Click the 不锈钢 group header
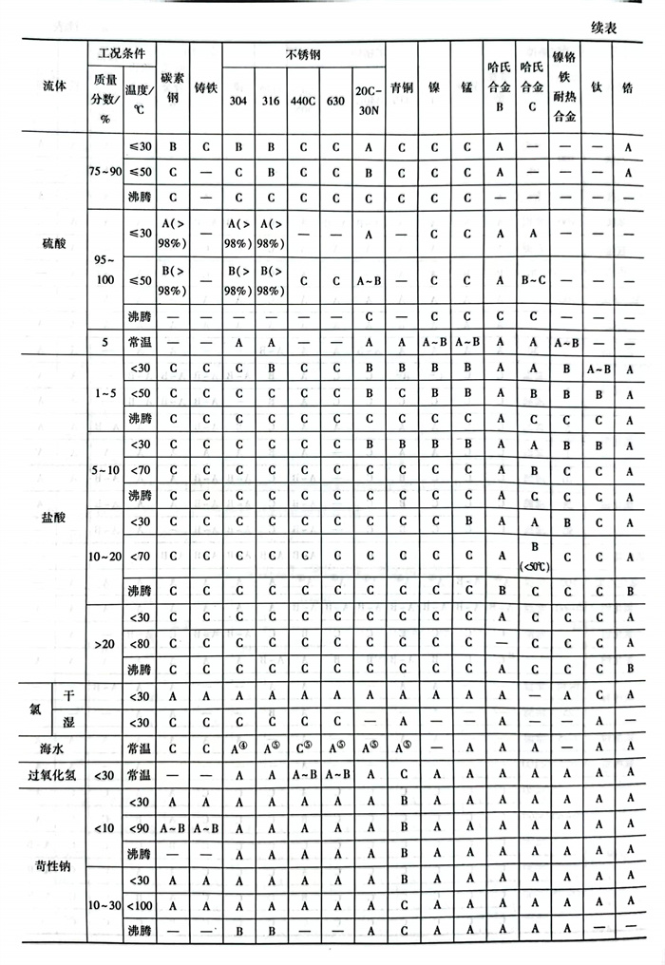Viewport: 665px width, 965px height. [x=303, y=55]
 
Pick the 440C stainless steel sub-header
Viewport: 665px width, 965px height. [x=303, y=103]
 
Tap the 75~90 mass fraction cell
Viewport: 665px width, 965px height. [x=103, y=173]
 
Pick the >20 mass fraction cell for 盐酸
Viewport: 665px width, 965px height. [x=103, y=643]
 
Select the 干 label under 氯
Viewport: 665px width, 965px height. [x=68, y=696]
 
